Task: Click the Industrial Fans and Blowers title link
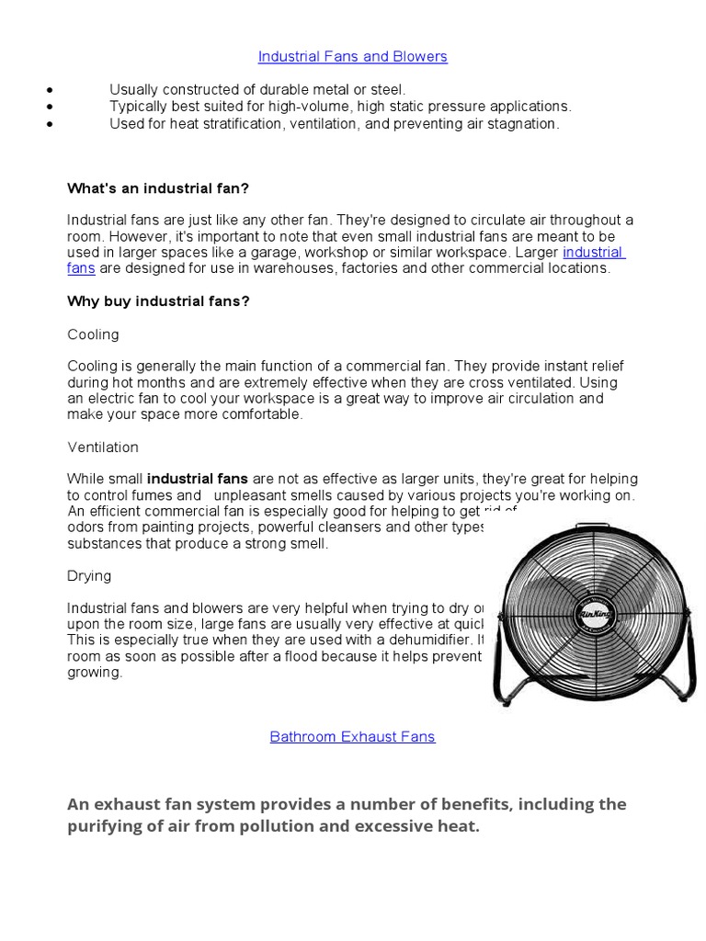(x=352, y=57)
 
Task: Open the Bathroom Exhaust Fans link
(x=352, y=737)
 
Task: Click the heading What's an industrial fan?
(x=158, y=188)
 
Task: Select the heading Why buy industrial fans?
(x=158, y=301)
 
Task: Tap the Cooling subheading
(x=93, y=334)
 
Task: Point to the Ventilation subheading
(x=103, y=448)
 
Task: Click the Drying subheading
(x=89, y=576)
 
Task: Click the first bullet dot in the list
(x=47, y=90)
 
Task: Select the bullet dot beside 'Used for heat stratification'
(x=47, y=124)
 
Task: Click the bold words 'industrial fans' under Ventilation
(x=197, y=479)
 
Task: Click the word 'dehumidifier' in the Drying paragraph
(x=425, y=640)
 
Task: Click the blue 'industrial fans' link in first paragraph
(x=593, y=252)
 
